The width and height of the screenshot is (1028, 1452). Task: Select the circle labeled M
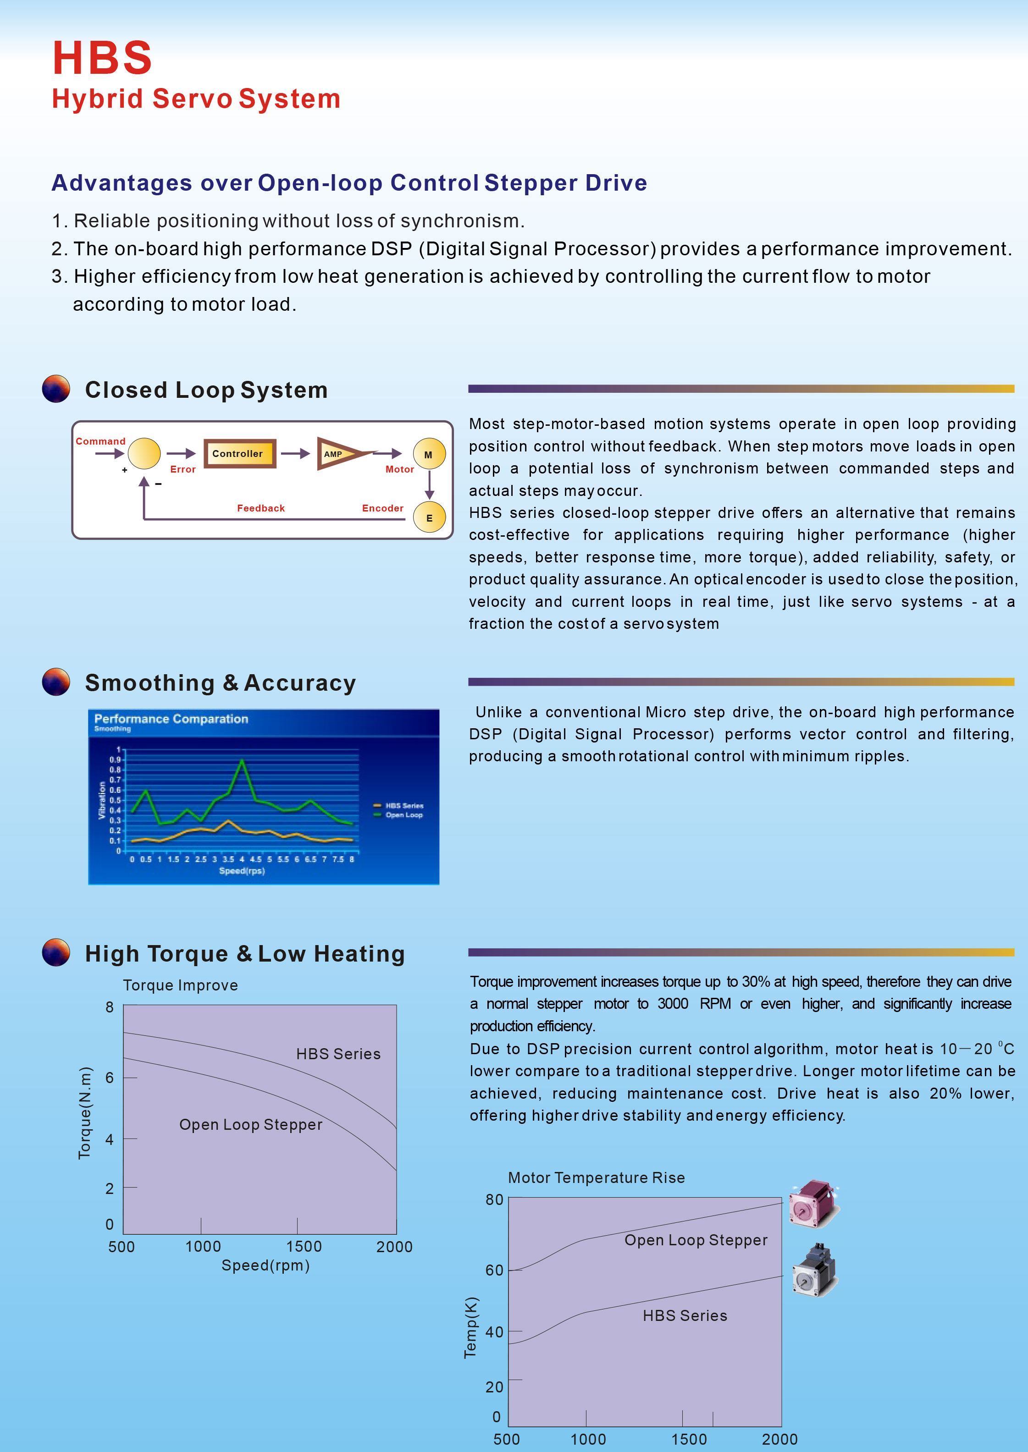tap(429, 454)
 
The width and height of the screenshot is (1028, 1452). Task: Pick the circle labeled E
tap(429, 517)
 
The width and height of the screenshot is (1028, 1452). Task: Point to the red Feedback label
tap(261, 508)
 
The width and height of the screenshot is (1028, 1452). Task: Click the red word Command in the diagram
tap(101, 441)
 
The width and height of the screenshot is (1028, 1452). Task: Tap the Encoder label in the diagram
tap(382, 508)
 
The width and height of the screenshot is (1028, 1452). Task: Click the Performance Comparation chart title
tap(171, 719)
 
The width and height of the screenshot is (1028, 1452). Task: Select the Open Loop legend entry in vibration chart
tap(403, 815)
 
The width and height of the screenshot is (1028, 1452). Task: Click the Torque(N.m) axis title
tap(85, 1113)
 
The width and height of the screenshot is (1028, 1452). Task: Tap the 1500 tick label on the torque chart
tap(304, 1246)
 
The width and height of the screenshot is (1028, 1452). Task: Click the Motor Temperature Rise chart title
tap(596, 1177)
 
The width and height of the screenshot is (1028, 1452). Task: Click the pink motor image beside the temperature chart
tap(813, 1204)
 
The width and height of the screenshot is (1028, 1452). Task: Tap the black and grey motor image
tap(815, 1270)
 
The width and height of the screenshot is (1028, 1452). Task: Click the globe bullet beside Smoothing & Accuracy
tap(56, 682)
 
